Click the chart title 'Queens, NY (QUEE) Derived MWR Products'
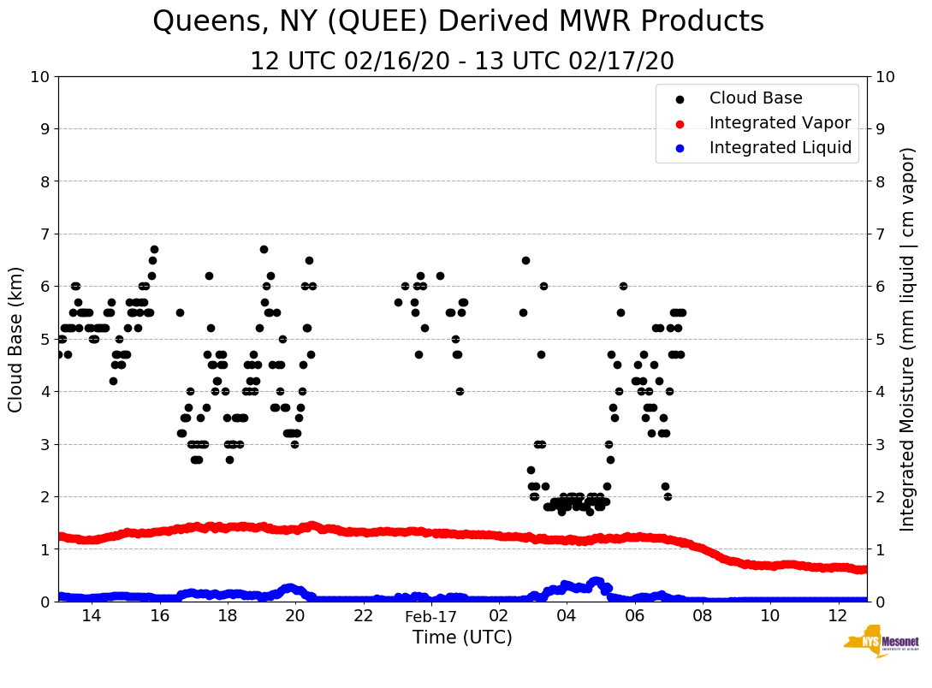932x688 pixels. click(x=458, y=22)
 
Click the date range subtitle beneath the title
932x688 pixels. click(x=461, y=62)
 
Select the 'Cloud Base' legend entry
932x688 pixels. click(x=756, y=98)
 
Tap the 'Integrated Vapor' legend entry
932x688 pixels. click(x=780, y=123)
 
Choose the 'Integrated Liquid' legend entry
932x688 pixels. click(x=780, y=148)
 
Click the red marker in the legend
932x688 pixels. click(x=680, y=123)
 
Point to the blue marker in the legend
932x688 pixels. click(x=680, y=148)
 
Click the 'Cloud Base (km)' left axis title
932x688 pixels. click(x=16, y=338)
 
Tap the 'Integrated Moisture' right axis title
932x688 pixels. click(x=908, y=338)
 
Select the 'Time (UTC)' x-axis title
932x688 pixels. click(x=462, y=638)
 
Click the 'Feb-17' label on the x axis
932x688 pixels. click(x=431, y=617)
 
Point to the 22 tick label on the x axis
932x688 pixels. click(x=364, y=616)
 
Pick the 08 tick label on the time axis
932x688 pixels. click(x=702, y=616)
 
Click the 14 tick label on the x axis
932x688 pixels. click(x=92, y=616)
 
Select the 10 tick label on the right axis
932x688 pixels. click(x=885, y=76)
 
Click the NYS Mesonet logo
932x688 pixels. click(x=882, y=645)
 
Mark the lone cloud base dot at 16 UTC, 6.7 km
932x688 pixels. click(x=154, y=250)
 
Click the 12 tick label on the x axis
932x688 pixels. click(x=838, y=616)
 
